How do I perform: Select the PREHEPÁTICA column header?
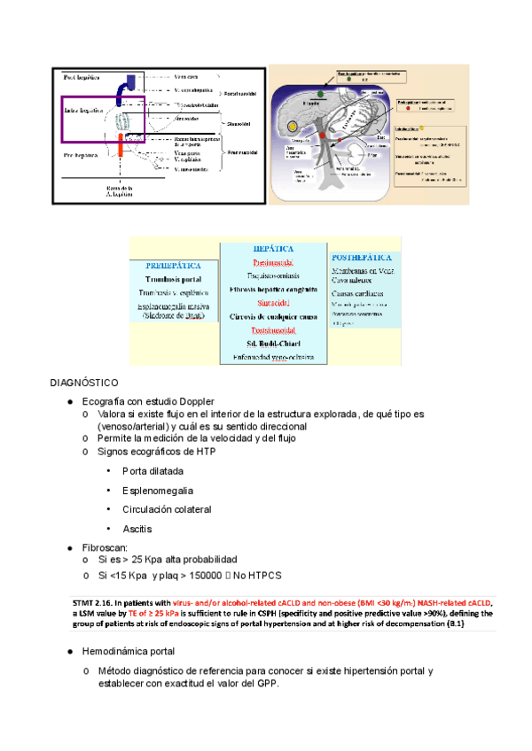pos(174,265)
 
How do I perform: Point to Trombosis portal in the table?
pos(174,278)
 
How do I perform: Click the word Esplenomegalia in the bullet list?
pos(158,490)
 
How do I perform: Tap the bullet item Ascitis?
pos(137,529)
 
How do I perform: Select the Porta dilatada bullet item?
pos(152,470)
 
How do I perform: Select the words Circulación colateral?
pos(164,509)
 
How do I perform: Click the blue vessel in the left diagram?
pos(130,81)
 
